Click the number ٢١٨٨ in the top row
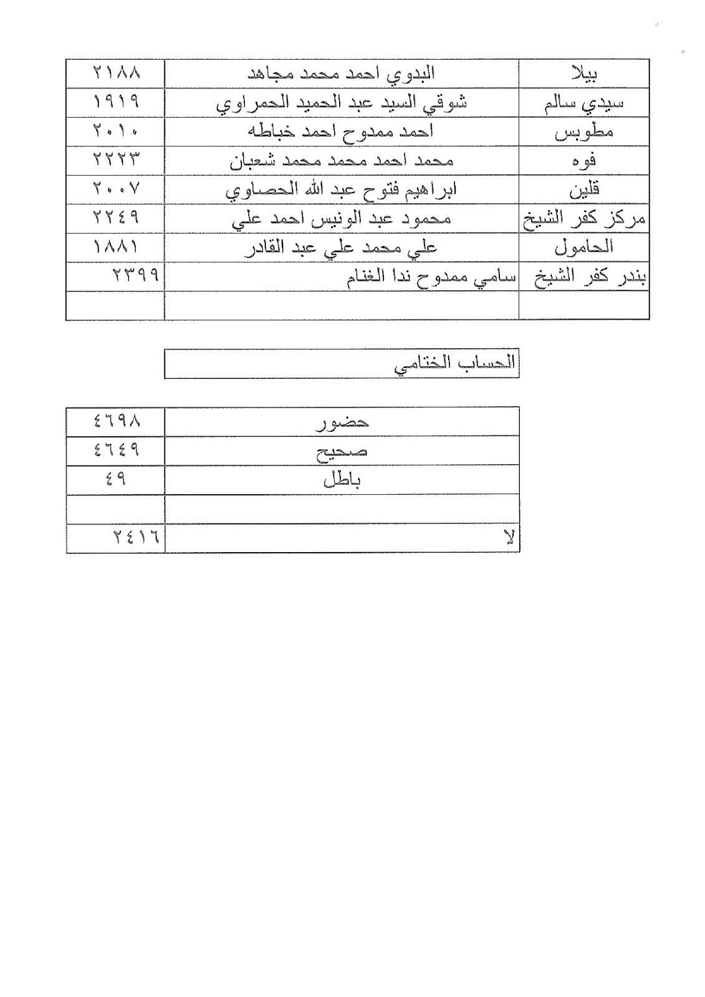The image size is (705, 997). point(117,74)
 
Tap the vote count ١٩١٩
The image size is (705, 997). point(117,102)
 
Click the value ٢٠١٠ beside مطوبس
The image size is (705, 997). point(117,131)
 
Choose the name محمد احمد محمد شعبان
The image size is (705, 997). point(342,161)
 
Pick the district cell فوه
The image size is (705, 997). point(584,161)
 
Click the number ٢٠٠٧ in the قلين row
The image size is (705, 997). point(117,189)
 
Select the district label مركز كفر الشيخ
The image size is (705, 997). point(584,218)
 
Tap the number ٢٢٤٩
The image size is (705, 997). point(117,218)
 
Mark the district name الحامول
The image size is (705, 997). point(584,247)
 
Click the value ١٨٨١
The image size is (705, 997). point(117,247)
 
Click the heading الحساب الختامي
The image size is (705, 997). point(455,364)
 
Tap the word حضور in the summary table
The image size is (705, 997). point(342,422)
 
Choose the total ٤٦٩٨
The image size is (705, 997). point(117,422)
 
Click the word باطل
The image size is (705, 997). point(342,480)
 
